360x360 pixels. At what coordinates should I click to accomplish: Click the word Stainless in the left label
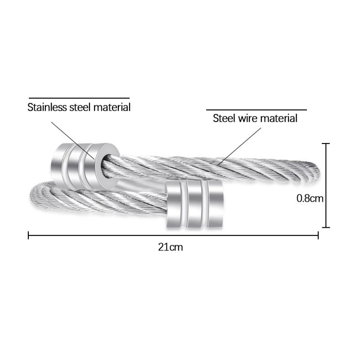(47, 107)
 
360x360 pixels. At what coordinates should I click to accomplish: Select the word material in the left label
(112, 107)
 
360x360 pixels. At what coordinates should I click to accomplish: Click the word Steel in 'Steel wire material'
(224, 118)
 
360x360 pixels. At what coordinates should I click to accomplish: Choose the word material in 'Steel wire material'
(279, 118)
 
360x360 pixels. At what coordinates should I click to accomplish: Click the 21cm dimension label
(171, 247)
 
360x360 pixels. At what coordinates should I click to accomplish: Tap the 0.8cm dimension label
(310, 198)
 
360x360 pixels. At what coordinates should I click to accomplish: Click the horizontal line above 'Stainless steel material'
(79, 98)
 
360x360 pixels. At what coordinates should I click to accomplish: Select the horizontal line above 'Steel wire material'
(256, 110)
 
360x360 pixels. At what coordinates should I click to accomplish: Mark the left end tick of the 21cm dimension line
(28, 235)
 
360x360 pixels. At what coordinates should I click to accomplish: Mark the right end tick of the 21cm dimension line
(318, 235)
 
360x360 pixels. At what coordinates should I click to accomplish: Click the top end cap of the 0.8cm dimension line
(326, 144)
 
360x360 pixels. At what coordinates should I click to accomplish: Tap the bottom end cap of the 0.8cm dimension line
(326, 228)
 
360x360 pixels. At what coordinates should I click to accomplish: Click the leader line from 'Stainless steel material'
(73, 140)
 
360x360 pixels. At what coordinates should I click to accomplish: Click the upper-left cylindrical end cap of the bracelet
(85, 166)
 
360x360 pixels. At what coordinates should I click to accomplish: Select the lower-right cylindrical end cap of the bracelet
(194, 204)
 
